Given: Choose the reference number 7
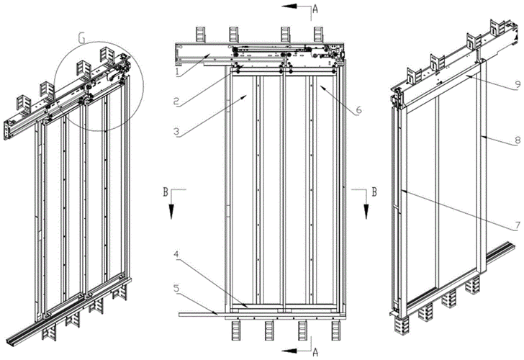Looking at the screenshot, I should pos(516,225).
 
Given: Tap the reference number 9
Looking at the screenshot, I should pos(516,84).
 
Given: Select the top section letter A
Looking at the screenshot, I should pos(315,8).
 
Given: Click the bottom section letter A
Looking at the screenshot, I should pos(315,351).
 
